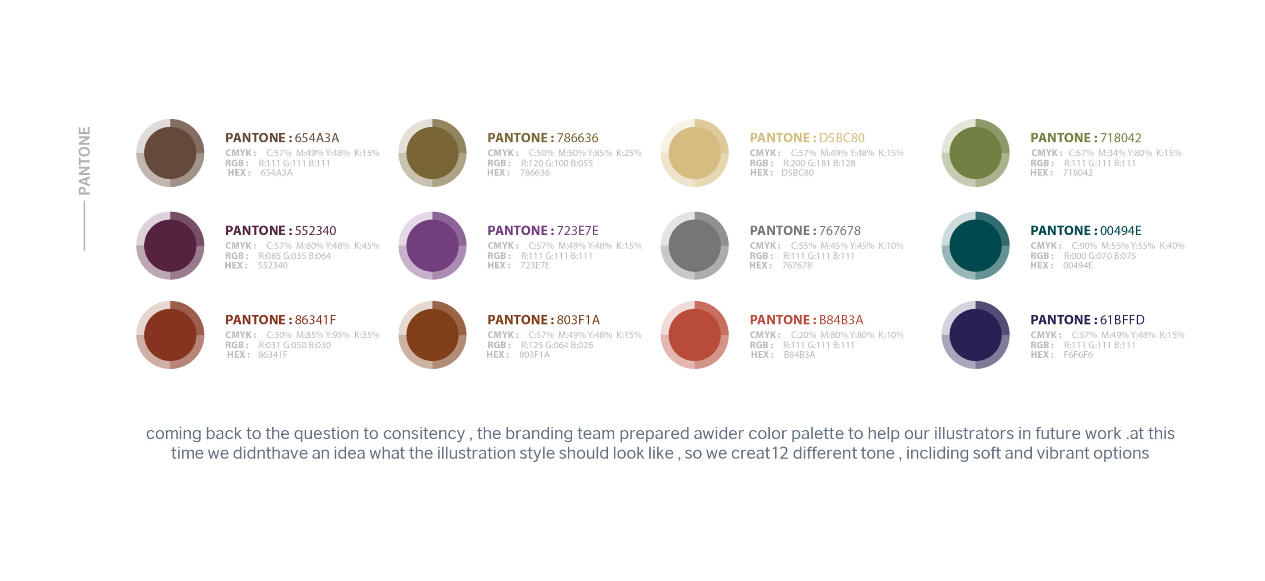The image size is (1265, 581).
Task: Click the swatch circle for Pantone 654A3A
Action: click(x=170, y=153)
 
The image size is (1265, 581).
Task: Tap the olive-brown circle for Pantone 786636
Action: click(x=432, y=153)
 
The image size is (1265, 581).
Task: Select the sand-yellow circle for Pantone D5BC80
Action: click(x=695, y=153)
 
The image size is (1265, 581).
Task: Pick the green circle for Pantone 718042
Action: click(x=975, y=153)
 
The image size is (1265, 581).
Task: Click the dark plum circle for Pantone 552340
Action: click(x=170, y=246)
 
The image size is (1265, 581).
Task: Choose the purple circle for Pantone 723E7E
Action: click(x=432, y=246)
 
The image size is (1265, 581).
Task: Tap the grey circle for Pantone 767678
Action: click(x=695, y=246)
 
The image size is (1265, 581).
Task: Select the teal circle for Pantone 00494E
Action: click(x=975, y=246)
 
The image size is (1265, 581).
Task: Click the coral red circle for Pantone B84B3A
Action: click(x=695, y=334)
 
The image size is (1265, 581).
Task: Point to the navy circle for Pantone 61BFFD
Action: click(x=975, y=334)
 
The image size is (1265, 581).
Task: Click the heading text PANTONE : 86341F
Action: click(x=281, y=320)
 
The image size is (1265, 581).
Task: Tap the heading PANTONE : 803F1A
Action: click(x=544, y=320)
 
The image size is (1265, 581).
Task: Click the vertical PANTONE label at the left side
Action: click(x=84, y=161)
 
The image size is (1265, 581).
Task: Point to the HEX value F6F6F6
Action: click(x=1078, y=355)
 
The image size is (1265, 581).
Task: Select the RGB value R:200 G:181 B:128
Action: click(x=819, y=163)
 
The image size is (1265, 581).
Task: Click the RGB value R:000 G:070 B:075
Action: click(x=1100, y=256)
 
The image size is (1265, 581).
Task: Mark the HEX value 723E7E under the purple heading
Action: click(x=535, y=265)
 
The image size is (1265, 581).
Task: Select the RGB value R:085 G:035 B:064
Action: click(x=295, y=256)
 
